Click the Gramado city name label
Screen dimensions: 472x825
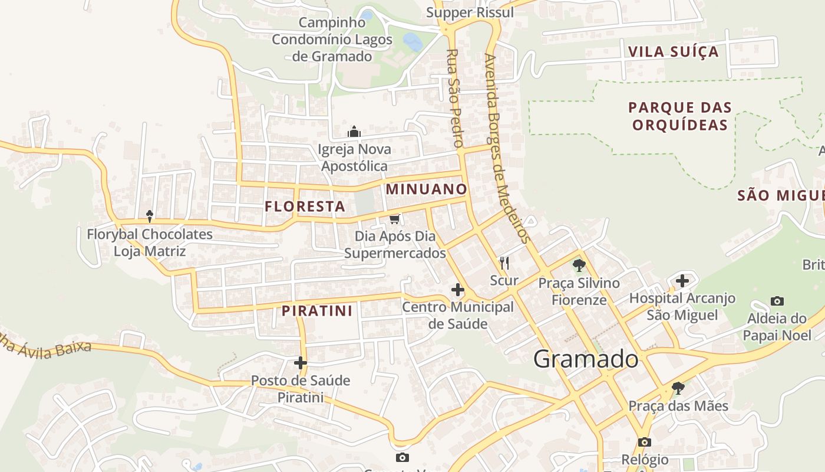(x=586, y=359)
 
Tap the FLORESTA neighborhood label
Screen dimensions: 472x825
(x=305, y=206)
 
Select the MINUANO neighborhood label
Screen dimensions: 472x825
(x=426, y=189)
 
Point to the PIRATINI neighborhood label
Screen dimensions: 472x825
(x=316, y=311)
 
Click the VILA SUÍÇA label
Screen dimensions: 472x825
(x=674, y=51)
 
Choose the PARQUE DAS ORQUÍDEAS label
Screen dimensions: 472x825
(x=679, y=116)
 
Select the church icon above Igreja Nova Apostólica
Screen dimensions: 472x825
(x=354, y=132)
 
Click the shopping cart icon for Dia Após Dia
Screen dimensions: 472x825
(x=395, y=219)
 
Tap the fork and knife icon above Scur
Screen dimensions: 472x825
(x=504, y=263)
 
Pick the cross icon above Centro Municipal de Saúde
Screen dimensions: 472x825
(x=457, y=290)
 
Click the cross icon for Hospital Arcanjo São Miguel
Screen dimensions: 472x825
(x=682, y=281)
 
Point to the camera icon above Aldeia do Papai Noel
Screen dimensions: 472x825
(x=777, y=301)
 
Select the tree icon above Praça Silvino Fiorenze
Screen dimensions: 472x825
(x=579, y=265)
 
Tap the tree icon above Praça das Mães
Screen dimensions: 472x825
(x=678, y=388)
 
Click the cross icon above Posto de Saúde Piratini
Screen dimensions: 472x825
(x=301, y=363)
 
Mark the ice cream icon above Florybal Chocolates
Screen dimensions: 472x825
(x=150, y=217)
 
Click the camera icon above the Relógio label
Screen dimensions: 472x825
(x=645, y=442)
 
